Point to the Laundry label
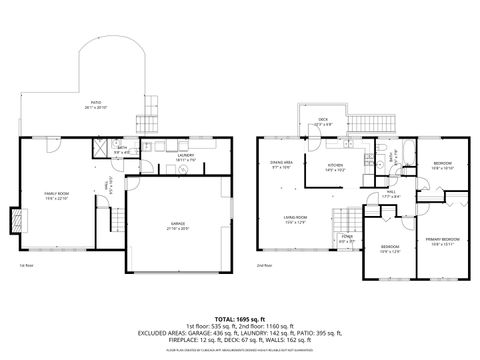(x=185, y=157)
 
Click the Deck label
(x=322, y=122)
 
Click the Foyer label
(x=346, y=240)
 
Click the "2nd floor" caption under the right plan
(x=264, y=265)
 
